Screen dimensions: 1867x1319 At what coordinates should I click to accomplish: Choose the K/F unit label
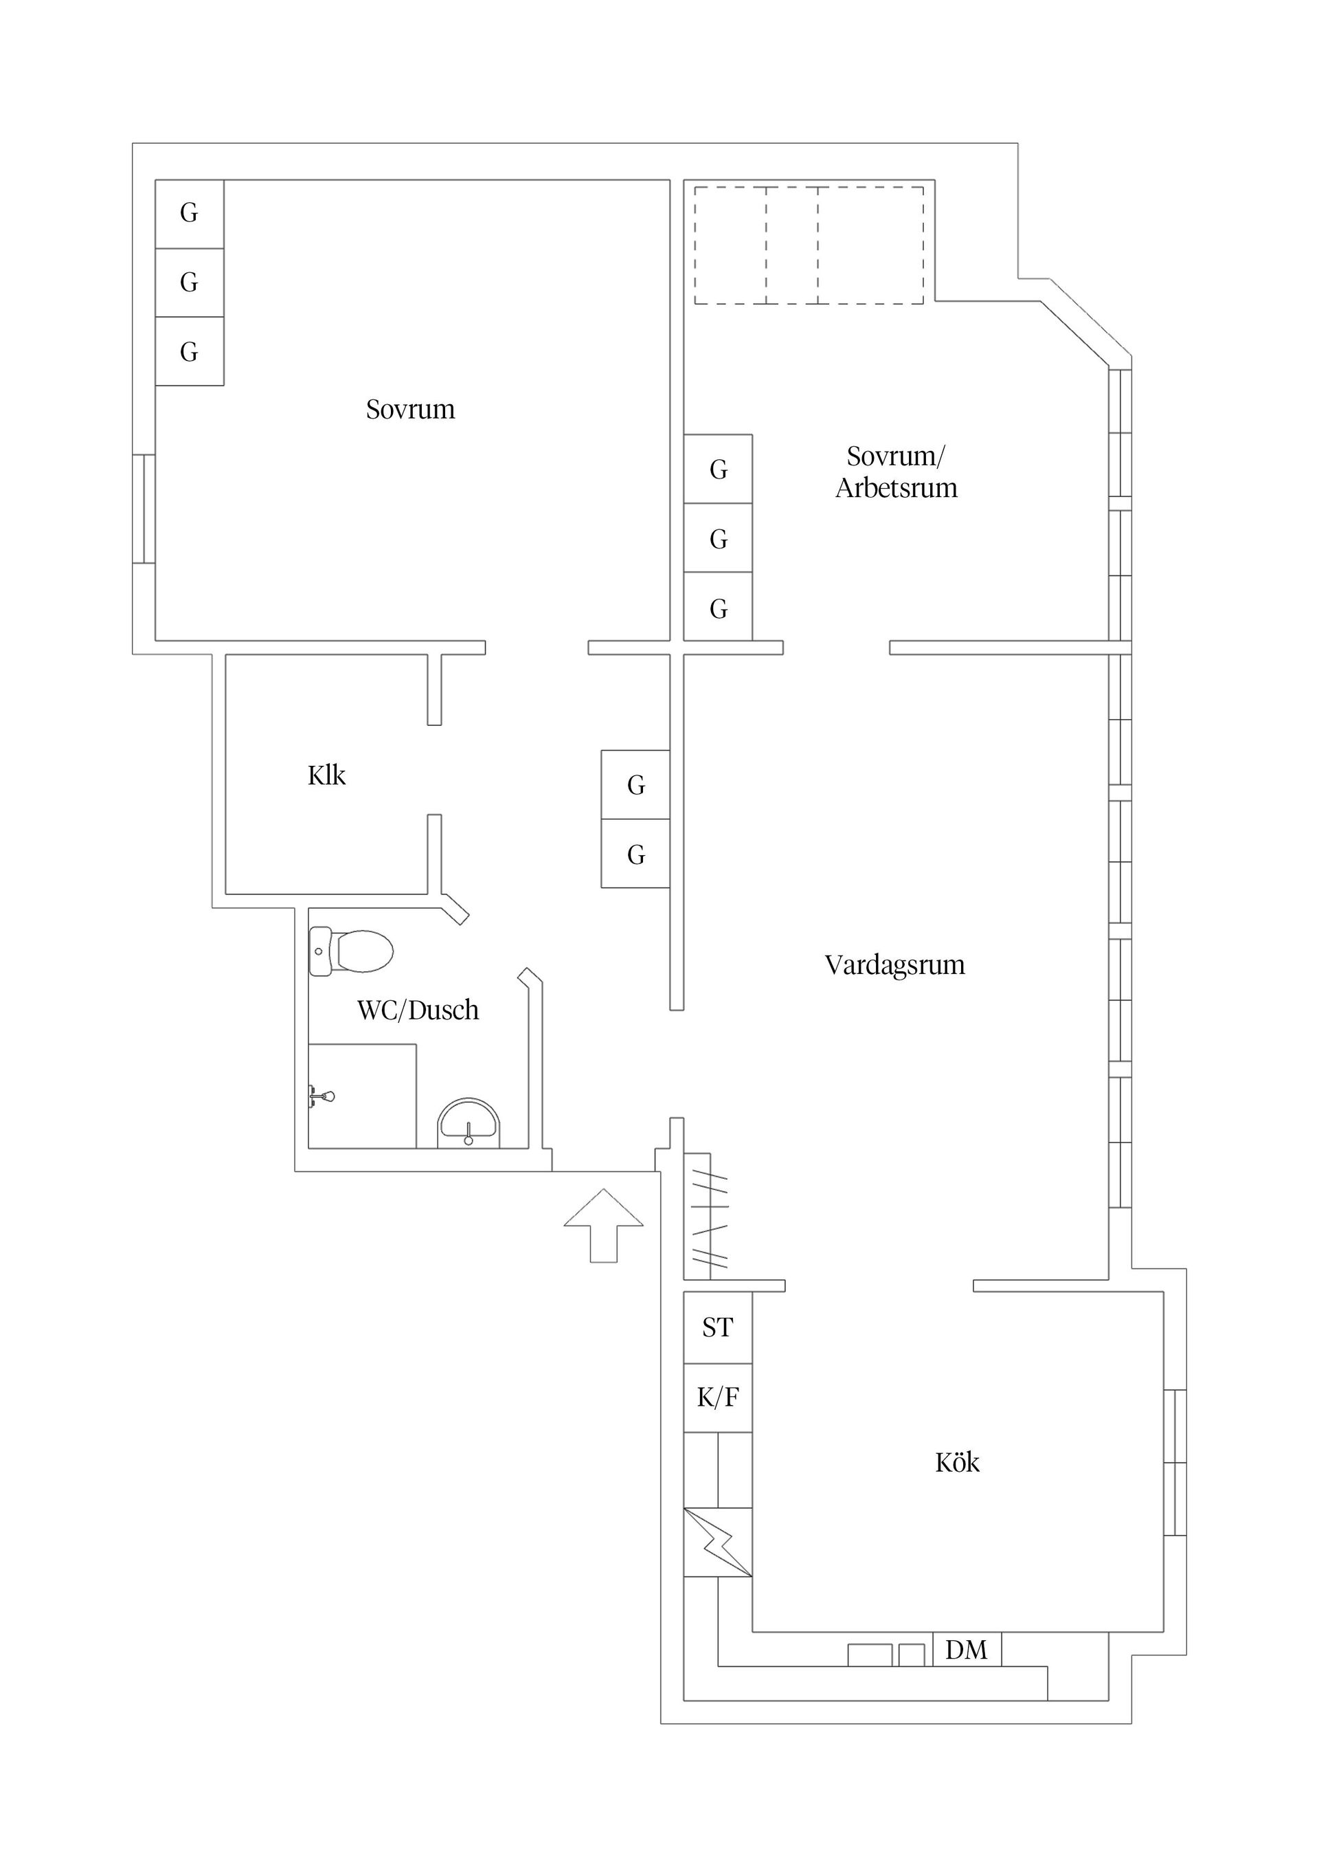click(718, 1397)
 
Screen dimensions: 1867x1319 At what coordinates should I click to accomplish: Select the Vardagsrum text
click(894, 965)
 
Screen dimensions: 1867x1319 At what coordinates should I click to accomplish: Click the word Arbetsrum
click(896, 488)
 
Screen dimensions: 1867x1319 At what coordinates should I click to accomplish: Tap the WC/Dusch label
click(418, 1010)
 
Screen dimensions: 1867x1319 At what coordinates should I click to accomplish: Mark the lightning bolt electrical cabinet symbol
click(718, 1543)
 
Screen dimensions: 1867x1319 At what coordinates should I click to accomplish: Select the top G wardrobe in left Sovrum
click(190, 213)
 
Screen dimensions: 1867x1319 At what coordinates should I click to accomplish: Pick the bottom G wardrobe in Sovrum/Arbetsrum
click(718, 608)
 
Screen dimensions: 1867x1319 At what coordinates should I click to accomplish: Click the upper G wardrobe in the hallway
click(635, 785)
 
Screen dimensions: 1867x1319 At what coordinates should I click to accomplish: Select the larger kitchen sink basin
click(870, 1655)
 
